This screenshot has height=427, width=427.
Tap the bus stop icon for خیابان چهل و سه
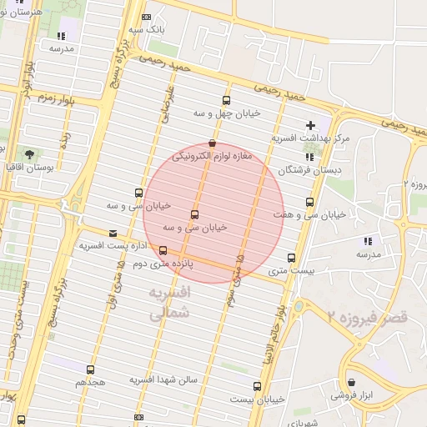pos(226,100)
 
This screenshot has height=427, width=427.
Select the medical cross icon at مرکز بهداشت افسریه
pos(311,124)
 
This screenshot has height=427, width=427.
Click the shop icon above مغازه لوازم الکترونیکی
pos(212,143)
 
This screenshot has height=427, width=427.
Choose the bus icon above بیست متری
pos(291,258)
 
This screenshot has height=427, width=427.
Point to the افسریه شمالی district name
pos(169,304)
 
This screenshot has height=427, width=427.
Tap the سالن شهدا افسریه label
pos(163,379)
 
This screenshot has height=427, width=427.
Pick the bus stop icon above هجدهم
pos(90,369)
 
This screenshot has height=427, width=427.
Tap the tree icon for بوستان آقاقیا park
pos(30,154)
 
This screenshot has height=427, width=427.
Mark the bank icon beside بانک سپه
pos(147,17)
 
